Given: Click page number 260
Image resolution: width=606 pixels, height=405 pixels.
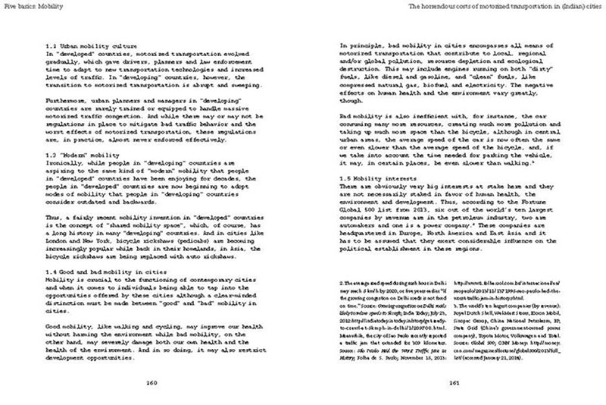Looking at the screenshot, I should point(150,382).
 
